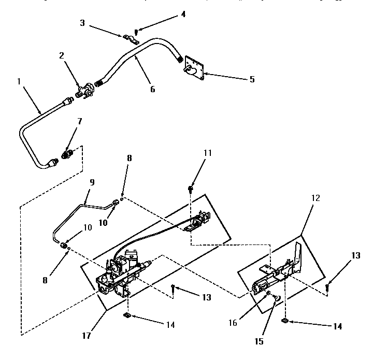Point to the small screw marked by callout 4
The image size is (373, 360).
tap(136, 32)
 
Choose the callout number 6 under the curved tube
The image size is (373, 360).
tap(152, 89)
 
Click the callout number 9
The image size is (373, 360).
tap(93, 182)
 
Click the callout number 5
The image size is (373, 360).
tap(252, 79)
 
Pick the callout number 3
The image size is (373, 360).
tap(82, 23)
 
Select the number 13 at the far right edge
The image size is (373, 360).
tap(356, 255)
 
